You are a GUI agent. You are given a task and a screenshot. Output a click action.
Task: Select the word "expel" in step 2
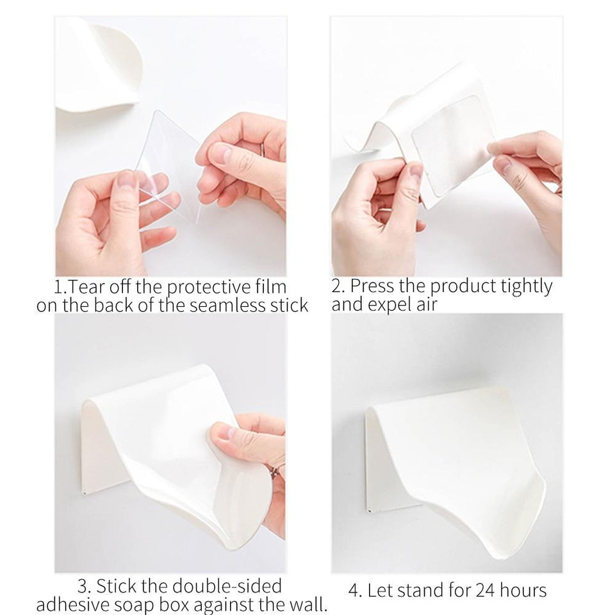pos(395,304)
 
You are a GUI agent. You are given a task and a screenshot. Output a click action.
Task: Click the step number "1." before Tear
pos(61,286)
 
